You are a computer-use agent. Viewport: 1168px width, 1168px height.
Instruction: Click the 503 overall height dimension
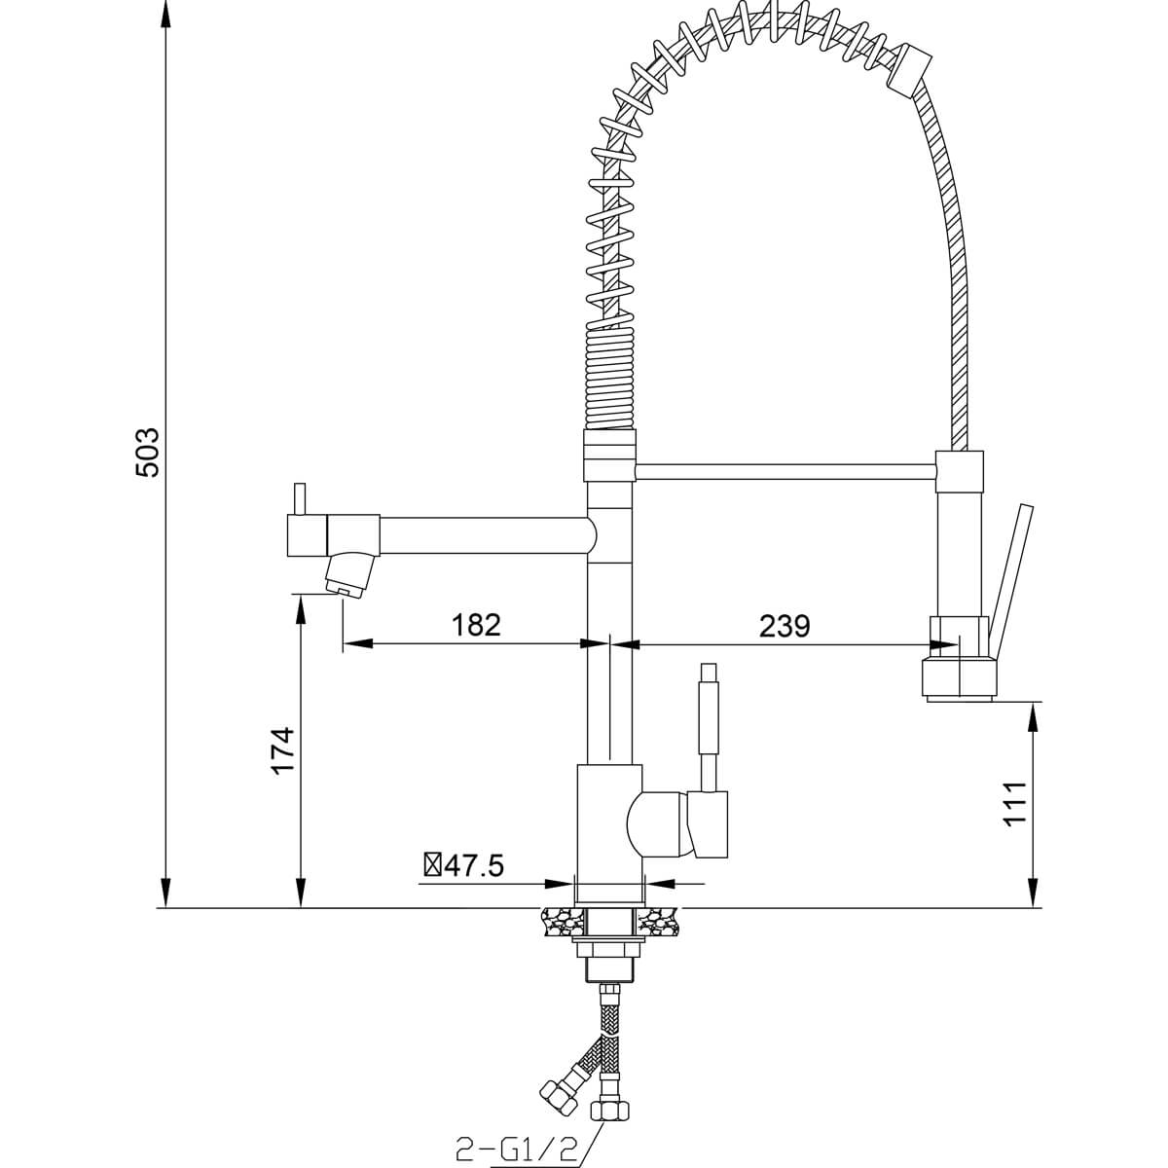click(147, 453)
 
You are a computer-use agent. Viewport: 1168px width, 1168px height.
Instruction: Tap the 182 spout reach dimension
click(476, 625)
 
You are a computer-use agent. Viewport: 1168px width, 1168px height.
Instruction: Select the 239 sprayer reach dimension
click(785, 626)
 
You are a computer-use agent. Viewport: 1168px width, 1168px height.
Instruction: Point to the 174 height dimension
click(282, 749)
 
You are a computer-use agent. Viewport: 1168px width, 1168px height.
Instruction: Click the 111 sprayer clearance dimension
click(1015, 803)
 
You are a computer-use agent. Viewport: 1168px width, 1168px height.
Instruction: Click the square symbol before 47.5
click(433, 865)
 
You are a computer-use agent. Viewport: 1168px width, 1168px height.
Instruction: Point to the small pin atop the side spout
click(300, 499)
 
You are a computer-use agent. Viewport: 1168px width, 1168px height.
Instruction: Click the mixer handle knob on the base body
click(707, 824)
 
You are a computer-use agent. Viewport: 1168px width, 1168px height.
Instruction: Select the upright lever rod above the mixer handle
click(710, 727)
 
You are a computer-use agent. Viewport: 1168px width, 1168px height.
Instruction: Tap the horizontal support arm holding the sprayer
click(785, 472)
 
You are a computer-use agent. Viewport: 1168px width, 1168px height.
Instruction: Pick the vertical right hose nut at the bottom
click(609, 1110)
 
